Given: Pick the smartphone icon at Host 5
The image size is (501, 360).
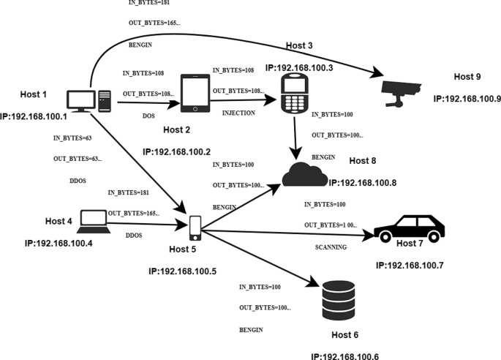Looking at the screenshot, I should click(x=195, y=228).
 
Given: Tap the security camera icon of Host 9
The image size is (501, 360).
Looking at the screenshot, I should click(x=401, y=91).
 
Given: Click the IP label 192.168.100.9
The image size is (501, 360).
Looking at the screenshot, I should click(x=467, y=98).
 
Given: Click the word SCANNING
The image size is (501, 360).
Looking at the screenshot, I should click(x=331, y=247).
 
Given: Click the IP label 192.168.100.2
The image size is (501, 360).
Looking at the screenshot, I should click(x=176, y=151).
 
